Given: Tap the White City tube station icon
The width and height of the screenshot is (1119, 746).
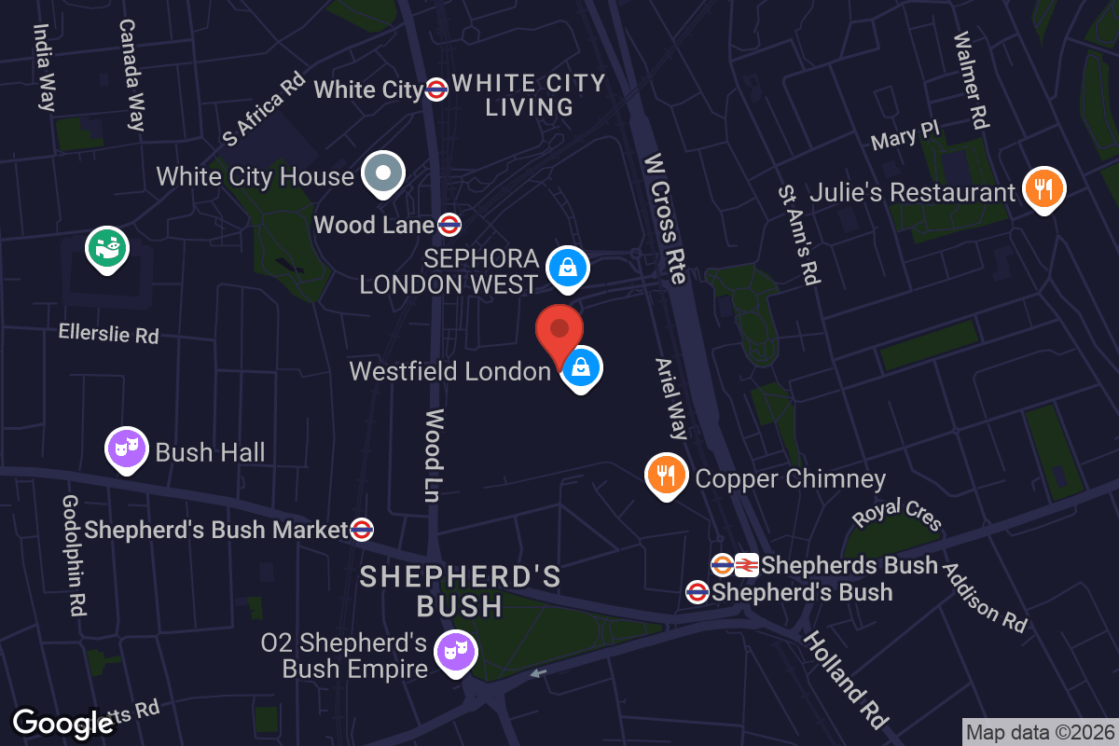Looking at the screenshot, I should (x=436, y=90).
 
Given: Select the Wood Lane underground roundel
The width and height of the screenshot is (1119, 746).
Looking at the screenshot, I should (x=449, y=225).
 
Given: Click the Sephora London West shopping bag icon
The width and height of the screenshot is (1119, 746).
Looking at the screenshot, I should (x=566, y=268).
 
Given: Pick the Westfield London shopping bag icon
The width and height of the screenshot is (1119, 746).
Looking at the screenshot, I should (x=581, y=367).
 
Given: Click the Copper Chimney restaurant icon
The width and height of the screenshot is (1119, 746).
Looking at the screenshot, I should (x=666, y=476).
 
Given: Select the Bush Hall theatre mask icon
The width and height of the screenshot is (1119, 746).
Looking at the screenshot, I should (x=127, y=449).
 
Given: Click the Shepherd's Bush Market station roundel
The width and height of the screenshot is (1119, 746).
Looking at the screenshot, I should (x=362, y=531).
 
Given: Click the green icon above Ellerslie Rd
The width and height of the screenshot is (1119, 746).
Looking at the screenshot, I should (x=107, y=247).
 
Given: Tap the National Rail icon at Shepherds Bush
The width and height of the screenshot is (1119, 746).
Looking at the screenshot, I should (x=746, y=564).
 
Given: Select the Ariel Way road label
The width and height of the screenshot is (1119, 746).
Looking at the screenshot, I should (x=670, y=398).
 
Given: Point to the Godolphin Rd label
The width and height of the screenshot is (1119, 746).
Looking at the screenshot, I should (x=74, y=555).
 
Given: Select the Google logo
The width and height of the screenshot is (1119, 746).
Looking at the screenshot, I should (x=62, y=723).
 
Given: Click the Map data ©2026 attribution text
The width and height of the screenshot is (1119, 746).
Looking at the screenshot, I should (x=1039, y=732).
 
